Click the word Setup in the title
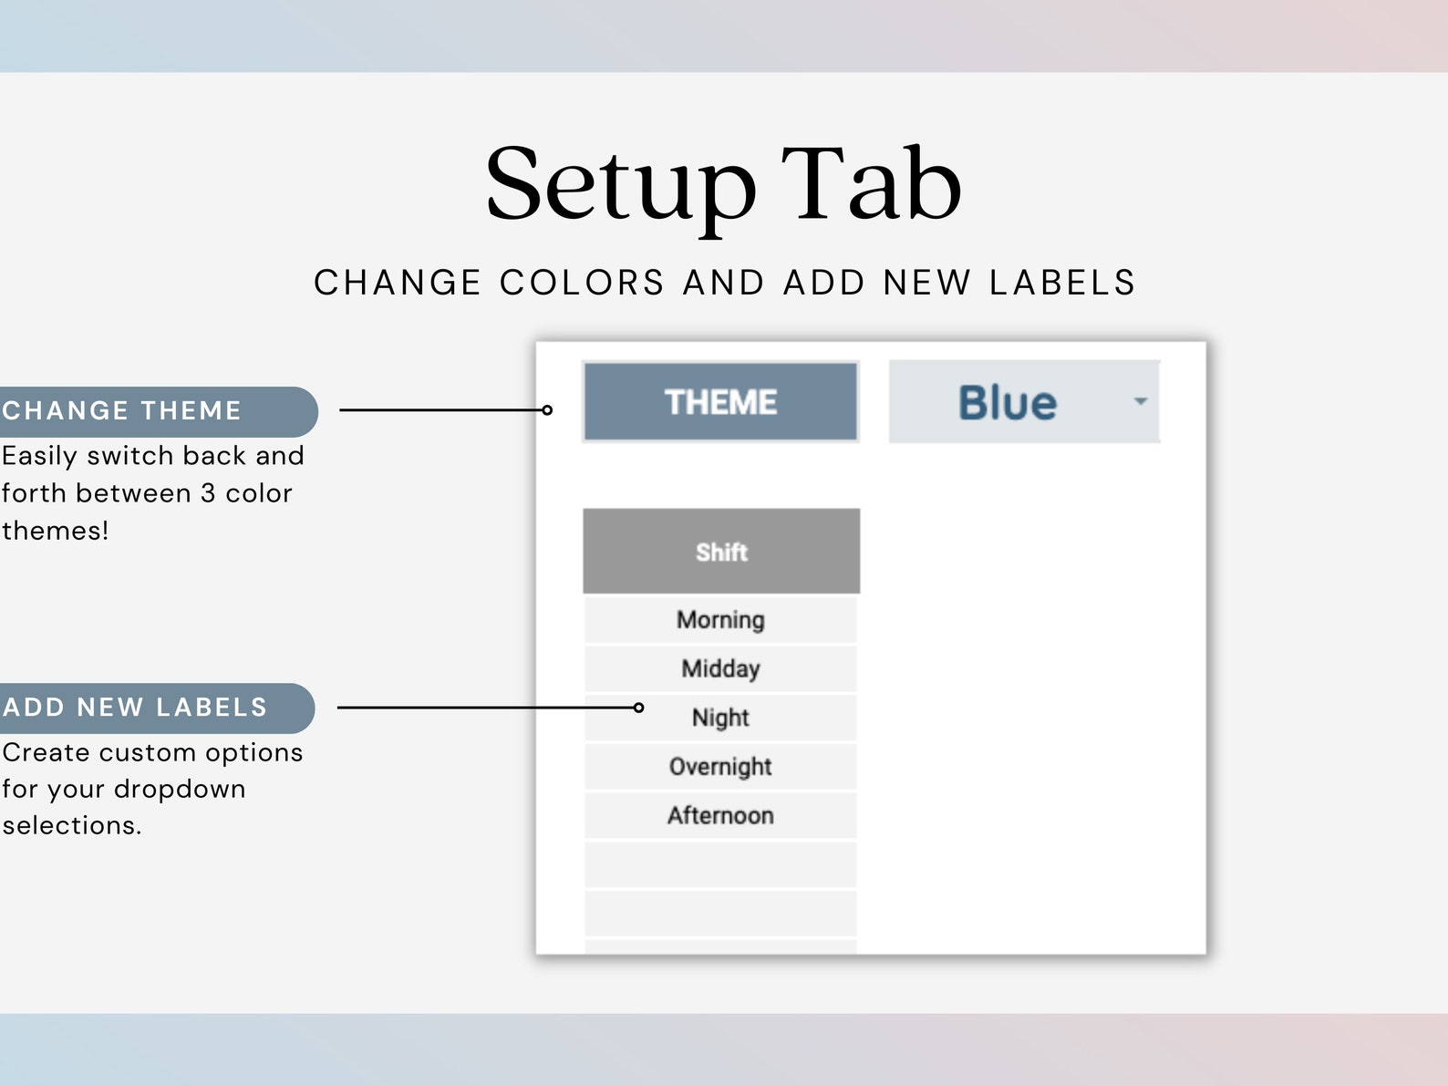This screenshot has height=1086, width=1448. coord(620,185)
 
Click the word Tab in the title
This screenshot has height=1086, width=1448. coord(871,185)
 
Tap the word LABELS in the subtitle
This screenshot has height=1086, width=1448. coord(1062,283)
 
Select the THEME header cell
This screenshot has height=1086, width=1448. coord(720,402)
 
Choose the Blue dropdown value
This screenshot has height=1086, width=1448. coord(1007,402)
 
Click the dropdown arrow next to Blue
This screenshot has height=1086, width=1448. coord(1140,401)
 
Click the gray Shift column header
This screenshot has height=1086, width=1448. coord(721,552)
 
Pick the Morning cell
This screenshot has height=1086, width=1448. coord(720,620)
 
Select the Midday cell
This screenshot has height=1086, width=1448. coord(720,668)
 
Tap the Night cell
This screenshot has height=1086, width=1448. coord(720,718)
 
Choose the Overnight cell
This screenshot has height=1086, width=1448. coord(720,767)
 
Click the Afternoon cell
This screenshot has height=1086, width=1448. coord(720,815)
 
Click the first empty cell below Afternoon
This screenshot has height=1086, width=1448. coord(720,864)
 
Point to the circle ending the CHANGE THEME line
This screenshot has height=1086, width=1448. coord(547,410)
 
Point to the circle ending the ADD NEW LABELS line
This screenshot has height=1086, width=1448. coord(638,708)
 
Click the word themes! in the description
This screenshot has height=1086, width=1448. coord(56,531)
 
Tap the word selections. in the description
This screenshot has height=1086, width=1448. coord(72,825)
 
